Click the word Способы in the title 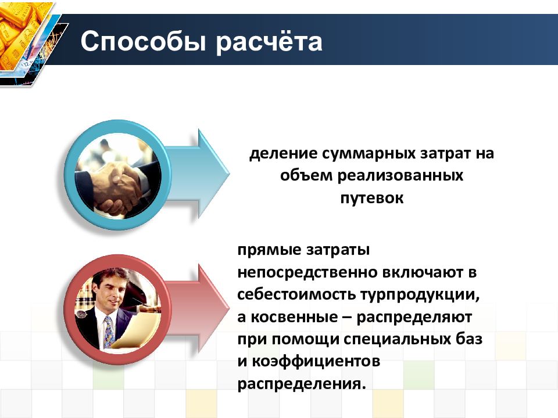point(144,42)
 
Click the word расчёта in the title point(269,42)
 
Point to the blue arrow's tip point(230,174)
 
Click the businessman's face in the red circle point(111,291)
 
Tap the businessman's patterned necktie point(109,332)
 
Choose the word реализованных point(400,176)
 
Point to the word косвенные point(294,317)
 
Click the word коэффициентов point(316,362)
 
